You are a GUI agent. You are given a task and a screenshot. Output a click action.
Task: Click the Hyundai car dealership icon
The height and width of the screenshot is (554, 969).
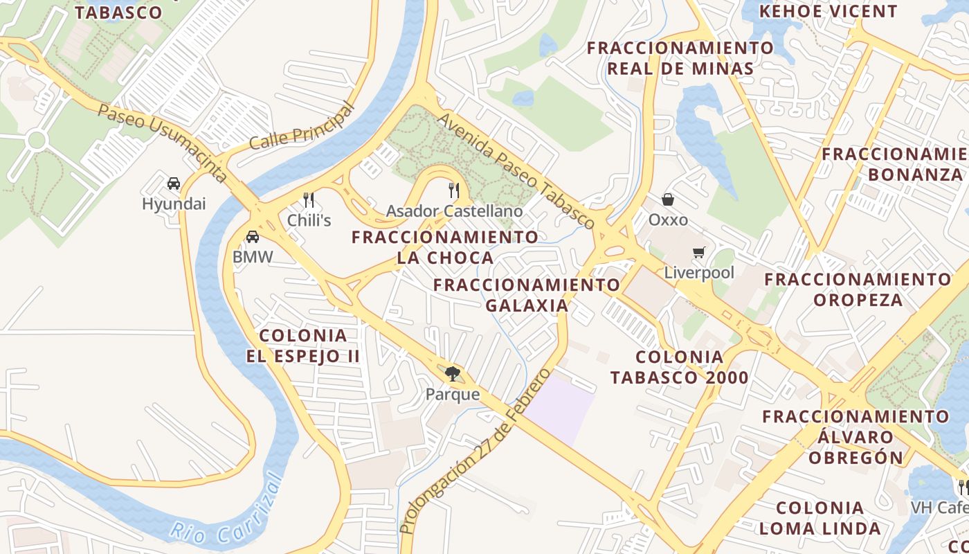coord(174,184)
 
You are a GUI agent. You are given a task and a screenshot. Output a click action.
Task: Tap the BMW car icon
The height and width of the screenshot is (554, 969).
coord(253,237)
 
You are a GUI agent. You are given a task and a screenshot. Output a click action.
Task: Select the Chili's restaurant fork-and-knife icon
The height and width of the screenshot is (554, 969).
coord(309,200)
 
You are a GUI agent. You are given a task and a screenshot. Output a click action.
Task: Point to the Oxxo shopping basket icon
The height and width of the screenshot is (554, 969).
coord(668,199)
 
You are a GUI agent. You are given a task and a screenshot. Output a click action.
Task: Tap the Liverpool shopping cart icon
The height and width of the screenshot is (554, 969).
coord(699,253)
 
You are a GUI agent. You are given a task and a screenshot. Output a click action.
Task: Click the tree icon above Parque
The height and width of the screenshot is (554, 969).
coord(453,375)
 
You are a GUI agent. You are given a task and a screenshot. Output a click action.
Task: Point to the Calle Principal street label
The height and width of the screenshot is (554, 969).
coord(302,126)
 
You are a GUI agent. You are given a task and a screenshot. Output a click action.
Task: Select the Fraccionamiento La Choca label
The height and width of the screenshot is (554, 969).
coord(444,247)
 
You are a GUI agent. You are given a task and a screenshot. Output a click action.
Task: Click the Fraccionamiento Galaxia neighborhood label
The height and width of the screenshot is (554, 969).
coord(527,295)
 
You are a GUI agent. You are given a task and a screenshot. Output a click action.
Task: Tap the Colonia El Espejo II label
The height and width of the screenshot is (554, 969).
coord(303,346)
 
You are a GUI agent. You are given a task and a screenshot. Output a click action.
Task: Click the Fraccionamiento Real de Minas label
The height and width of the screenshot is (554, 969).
coord(680,58)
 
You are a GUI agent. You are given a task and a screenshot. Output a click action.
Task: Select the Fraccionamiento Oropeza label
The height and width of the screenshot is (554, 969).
coord(858,289)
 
